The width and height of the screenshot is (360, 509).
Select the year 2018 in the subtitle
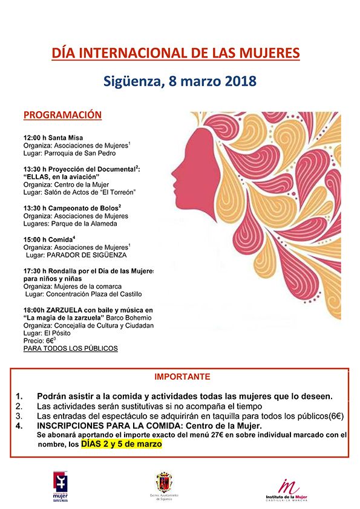pos(224,80)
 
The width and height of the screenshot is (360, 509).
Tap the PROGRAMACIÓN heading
pos(62,115)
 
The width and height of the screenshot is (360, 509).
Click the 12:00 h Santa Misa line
pos(53,138)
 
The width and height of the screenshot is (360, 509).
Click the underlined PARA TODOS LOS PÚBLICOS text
pos(70,349)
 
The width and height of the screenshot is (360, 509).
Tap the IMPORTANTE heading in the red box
pos(182,376)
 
